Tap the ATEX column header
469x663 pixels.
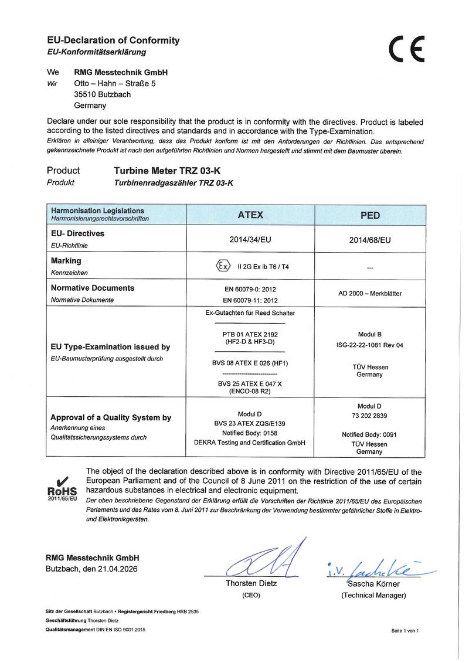pyautogui.click(x=250, y=215)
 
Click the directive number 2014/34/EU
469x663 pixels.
pyautogui.click(x=250, y=239)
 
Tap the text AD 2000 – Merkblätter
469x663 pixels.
pyautogui.click(x=369, y=293)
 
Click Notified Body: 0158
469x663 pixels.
pyautogui.click(x=250, y=433)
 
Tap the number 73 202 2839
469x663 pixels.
pyautogui.click(x=369, y=416)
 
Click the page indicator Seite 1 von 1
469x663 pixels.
pyautogui.click(x=405, y=630)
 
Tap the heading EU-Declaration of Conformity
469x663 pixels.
pyautogui.click(x=113, y=40)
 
